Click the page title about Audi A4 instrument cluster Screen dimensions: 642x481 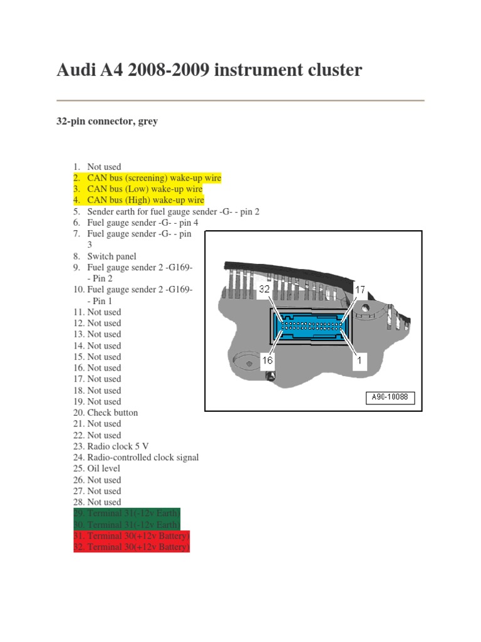(x=209, y=70)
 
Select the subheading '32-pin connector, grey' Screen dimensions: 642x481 (x=107, y=122)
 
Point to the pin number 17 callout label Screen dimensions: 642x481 (x=360, y=290)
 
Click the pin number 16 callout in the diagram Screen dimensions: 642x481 (x=267, y=361)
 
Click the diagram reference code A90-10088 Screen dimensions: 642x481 (x=390, y=398)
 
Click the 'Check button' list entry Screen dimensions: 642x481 (x=112, y=413)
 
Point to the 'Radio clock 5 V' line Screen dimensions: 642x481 (x=116, y=446)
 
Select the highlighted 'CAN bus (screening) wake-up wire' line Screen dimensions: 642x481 (x=153, y=178)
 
